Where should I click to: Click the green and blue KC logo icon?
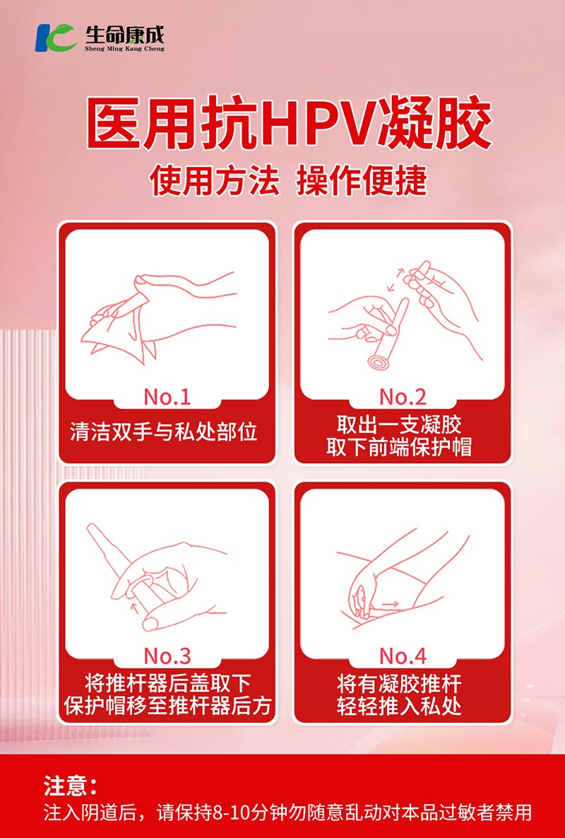tap(56, 37)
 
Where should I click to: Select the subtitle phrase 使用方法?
tap(215, 180)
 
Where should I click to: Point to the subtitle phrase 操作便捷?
tap(362, 180)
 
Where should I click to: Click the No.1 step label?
tap(167, 397)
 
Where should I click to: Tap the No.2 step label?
tap(403, 397)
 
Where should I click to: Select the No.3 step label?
tap(167, 656)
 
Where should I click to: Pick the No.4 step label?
tap(403, 656)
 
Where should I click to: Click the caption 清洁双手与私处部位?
tap(164, 431)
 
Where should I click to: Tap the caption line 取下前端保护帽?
tap(399, 447)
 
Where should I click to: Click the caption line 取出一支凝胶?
tap(399, 425)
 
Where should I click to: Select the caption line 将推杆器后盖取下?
tap(167, 684)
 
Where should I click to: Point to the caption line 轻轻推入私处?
tap(399, 706)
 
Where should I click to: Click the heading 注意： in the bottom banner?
tap(71, 786)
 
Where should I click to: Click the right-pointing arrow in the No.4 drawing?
tap(391, 604)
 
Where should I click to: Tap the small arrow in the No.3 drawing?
tap(134, 606)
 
